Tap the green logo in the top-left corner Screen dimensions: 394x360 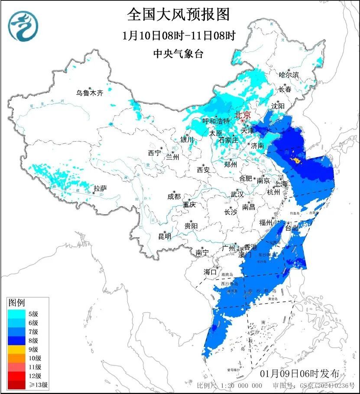point(23,26)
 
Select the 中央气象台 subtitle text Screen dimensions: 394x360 point(178,54)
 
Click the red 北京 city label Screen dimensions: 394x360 point(242,115)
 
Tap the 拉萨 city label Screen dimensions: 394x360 point(100,188)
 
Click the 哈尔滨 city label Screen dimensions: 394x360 point(289,75)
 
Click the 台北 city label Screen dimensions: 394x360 point(292,227)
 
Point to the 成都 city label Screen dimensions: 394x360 point(174,197)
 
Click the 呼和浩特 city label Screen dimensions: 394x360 point(216,121)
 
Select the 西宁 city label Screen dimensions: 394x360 point(154,153)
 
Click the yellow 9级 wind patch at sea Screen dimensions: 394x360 point(295,161)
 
